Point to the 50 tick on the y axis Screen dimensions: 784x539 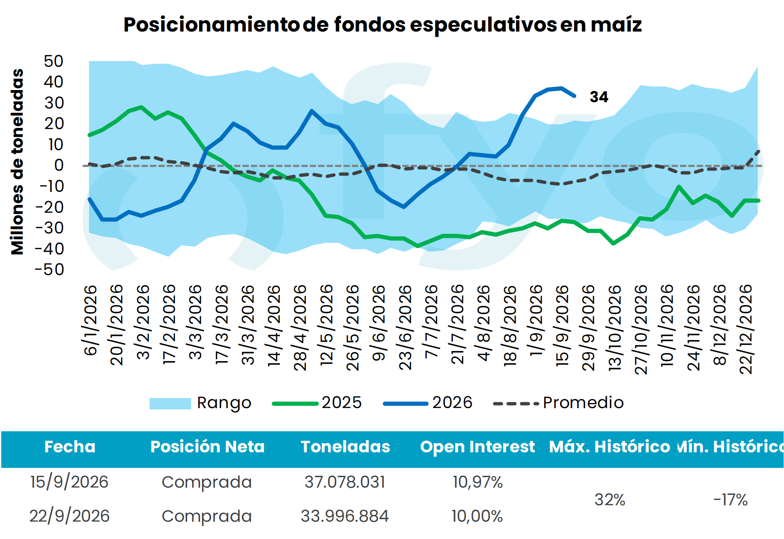click(x=53, y=61)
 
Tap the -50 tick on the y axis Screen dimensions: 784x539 click(x=49, y=270)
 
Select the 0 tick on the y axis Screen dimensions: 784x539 click(x=59, y=165)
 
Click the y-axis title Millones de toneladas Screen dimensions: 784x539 click(x=17, y=162)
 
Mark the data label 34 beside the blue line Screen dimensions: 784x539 click(x=599, y=97)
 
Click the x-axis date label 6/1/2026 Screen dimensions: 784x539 click(x=90, y=321)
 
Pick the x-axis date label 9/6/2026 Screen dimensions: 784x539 click(x=379, y=323)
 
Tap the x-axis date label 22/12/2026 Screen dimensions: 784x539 click(x=746, y=329)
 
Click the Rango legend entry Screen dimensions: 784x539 click(x=200, y=403)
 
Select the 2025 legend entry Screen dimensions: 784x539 click(x=317, y=403)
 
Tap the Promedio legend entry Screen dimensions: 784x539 click(x=558, y=403)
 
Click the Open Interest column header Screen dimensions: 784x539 click(x=477, y=447)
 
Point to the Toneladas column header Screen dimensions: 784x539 click(x=345, y=447)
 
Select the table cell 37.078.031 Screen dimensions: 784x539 click(x=345, y=482)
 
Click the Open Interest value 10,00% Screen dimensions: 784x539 click(x=477, y=516)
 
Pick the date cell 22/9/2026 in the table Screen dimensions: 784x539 click(x=69, y=516)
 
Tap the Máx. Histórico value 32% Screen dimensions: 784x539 click(x=610, y=500)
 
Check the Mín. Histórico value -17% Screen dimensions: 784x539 click(x=731, y=500)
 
